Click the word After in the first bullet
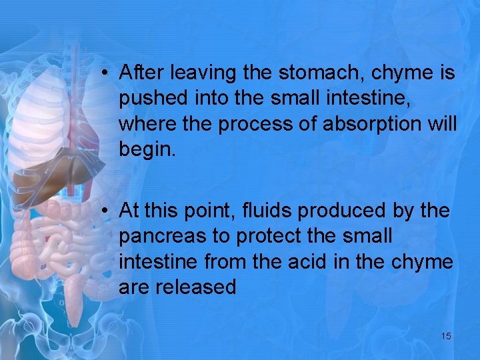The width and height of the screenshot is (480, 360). pos(141,73)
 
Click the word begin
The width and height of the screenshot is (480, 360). pos(147,150)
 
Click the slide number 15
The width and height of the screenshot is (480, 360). pos(446,336)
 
